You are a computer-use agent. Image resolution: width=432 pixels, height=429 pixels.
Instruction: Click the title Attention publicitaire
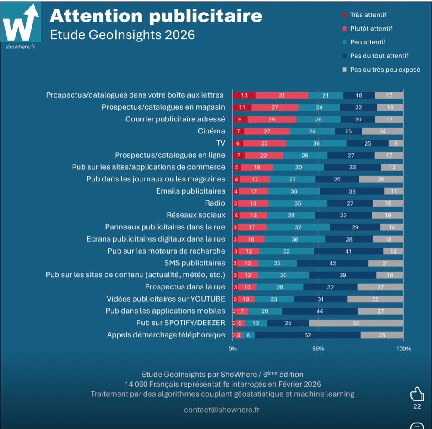[156, 16]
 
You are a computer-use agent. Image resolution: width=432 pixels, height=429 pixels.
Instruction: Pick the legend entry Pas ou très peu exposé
[385, 69]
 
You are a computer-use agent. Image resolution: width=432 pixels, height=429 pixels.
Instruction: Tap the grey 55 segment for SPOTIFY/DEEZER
[356, 323]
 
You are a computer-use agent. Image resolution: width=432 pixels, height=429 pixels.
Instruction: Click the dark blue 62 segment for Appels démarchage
[308, 335]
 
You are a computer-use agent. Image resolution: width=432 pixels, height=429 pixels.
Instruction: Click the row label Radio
[215, 203]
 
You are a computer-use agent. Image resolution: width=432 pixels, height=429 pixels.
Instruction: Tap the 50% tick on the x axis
[318, 348]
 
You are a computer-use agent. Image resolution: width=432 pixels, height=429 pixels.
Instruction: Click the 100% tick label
[403, 348]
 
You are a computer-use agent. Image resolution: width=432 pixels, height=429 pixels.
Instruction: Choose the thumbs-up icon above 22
[417, 394]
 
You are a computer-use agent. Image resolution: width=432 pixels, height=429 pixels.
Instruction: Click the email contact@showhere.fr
[222, 410]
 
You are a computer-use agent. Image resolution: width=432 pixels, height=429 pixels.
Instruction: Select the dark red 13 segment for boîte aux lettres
[244, 95]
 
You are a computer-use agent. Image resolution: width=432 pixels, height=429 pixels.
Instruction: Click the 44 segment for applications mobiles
[319, 311]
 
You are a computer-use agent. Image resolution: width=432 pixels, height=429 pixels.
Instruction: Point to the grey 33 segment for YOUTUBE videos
[375, 299]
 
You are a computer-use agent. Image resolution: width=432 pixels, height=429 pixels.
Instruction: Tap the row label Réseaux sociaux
[196, 215]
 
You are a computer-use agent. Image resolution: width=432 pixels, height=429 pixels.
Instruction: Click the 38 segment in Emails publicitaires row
[352, 191]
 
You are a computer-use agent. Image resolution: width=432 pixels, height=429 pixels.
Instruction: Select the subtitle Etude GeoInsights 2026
[123, 35]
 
